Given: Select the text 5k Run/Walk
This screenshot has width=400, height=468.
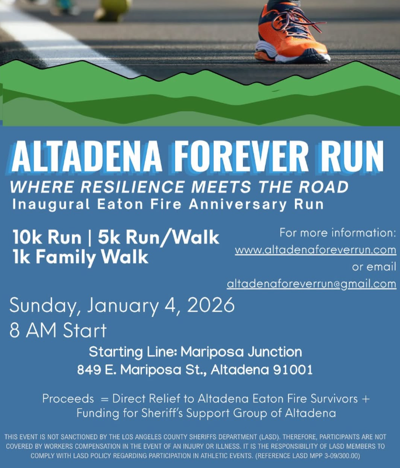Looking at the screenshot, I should [158, 238].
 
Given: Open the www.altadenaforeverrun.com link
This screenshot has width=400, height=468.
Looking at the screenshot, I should [315, 250].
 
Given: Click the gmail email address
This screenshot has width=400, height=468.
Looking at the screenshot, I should [311, 284].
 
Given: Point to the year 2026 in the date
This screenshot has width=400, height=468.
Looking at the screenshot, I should [208, 305].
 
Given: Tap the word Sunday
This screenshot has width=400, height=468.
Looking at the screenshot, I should [46, 305].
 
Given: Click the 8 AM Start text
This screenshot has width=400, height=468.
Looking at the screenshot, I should [58, 331].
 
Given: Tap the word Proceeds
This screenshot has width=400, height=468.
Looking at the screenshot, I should [67, 398].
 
